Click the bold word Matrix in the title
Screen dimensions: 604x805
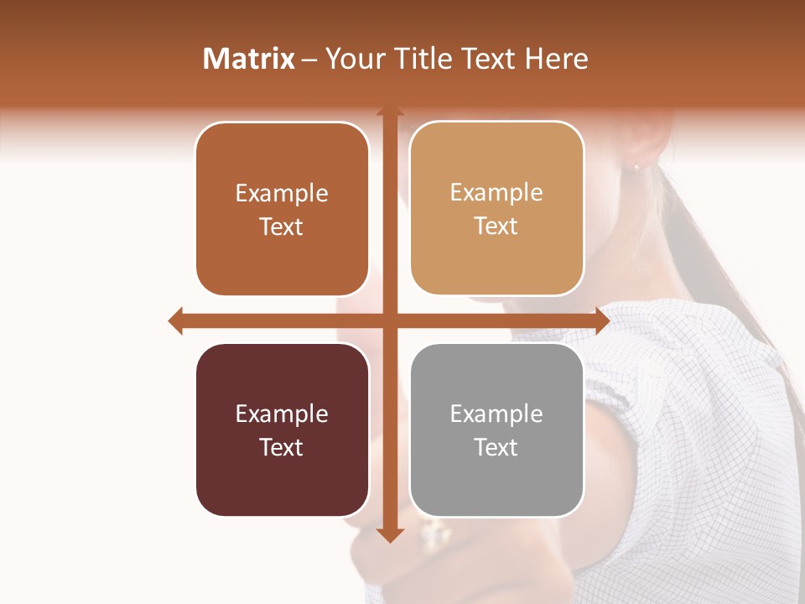(249, 59)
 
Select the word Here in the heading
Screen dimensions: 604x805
(557, 59)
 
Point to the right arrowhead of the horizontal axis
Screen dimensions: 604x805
(602, 320)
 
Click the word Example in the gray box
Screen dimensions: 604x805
(496, 414)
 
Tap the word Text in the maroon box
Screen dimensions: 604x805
(282, 447)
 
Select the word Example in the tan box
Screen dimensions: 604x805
(496, 193)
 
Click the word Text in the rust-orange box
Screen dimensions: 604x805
(282, 226)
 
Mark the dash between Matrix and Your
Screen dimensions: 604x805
(309, 60)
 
